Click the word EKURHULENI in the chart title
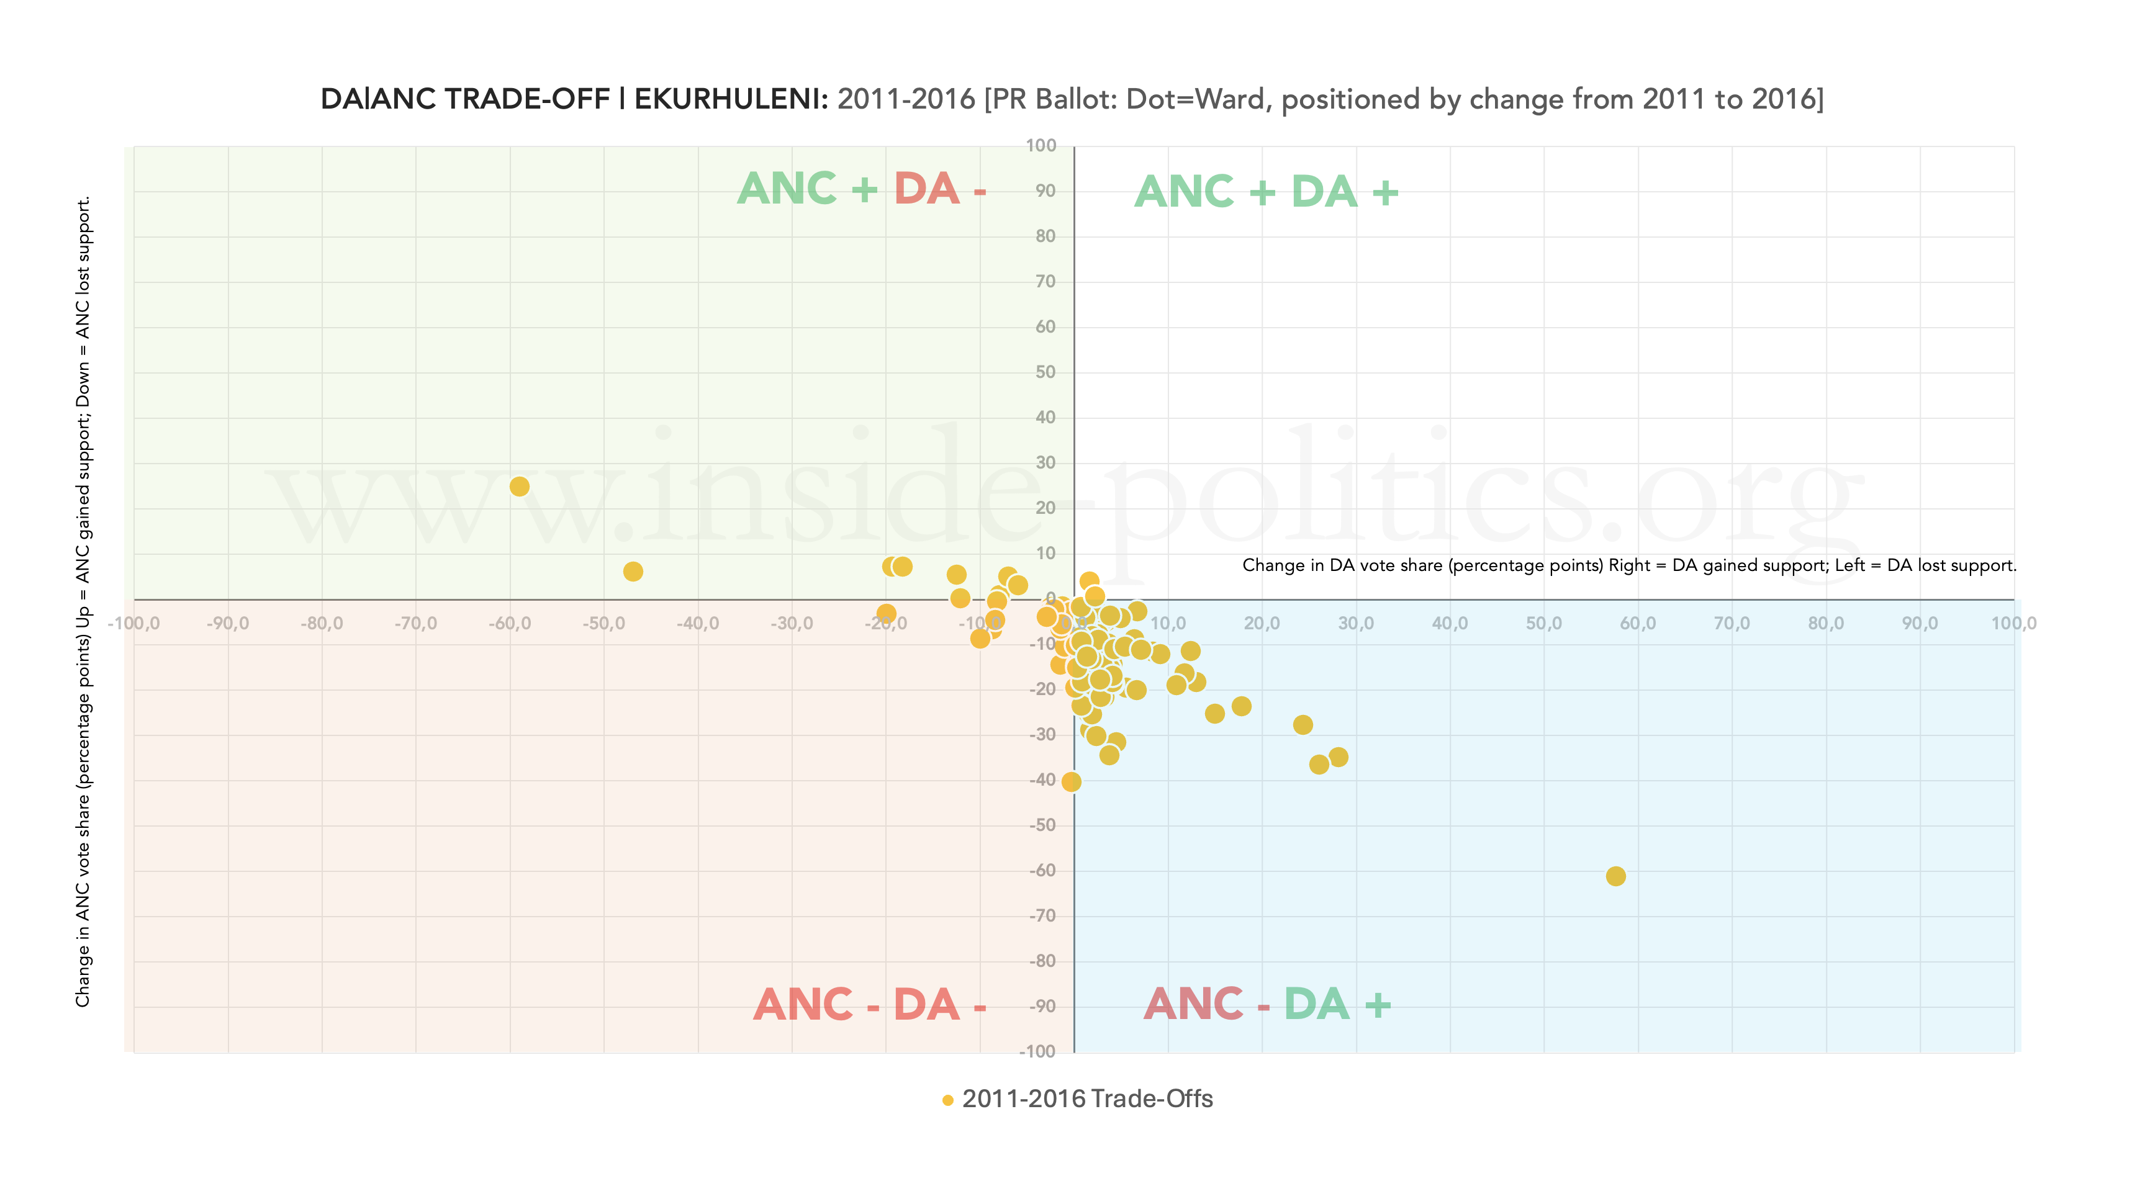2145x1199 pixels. [730, 99]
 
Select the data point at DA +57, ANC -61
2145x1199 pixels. [1615, 876]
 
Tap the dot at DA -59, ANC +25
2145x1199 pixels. [520, 487]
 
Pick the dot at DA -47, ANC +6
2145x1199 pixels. [633, 571]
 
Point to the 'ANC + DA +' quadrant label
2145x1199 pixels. [1267, 192]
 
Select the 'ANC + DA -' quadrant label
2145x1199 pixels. [862, 189]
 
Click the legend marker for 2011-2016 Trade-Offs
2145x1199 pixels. [947, 1100]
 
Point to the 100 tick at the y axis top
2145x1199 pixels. [1041, 146]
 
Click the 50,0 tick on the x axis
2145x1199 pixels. [1544, 624]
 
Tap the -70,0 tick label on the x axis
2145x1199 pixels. [415, 624]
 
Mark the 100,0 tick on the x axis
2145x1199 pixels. [2013, 624]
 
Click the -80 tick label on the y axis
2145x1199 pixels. [1042, 961]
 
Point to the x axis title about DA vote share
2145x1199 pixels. [1628, 565]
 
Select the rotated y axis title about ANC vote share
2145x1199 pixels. [83, 601]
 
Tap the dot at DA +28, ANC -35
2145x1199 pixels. [1338, 757]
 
